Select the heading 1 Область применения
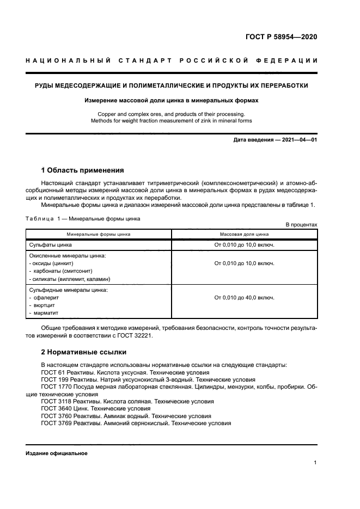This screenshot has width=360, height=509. tap(82, 170)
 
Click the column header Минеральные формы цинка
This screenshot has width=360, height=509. tap(99, 234)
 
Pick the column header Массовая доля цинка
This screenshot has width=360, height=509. tap(244, 234)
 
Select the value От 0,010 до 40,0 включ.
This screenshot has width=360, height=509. tap(244, 298)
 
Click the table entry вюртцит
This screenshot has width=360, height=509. tap(45, 305)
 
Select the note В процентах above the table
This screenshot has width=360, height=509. tap(301, 224)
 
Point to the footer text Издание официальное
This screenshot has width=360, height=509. tap(57, 453)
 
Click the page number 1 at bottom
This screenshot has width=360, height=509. tap(315, 463)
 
